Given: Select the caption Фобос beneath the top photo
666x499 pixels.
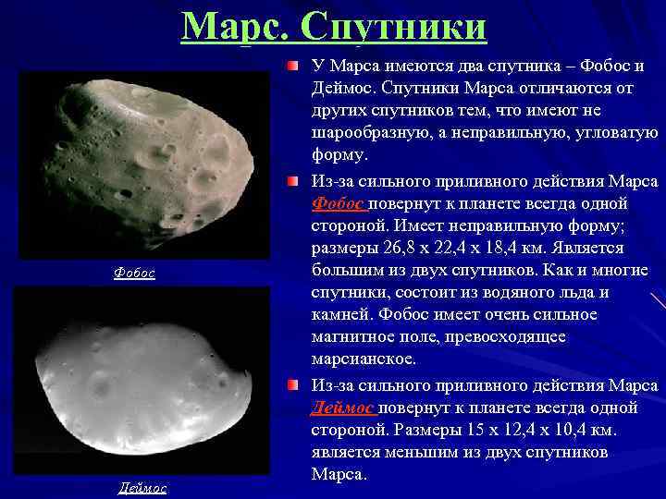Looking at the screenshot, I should pyautogui.click(x=134, y=273).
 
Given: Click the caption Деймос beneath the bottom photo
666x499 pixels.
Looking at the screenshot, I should pyautogui.click(x=142, y=487).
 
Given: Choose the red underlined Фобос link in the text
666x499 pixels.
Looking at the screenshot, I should pyautogui.click(x=338, y=203).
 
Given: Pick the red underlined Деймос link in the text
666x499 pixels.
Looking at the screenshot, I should pyautogui.click(x=342, y=408).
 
